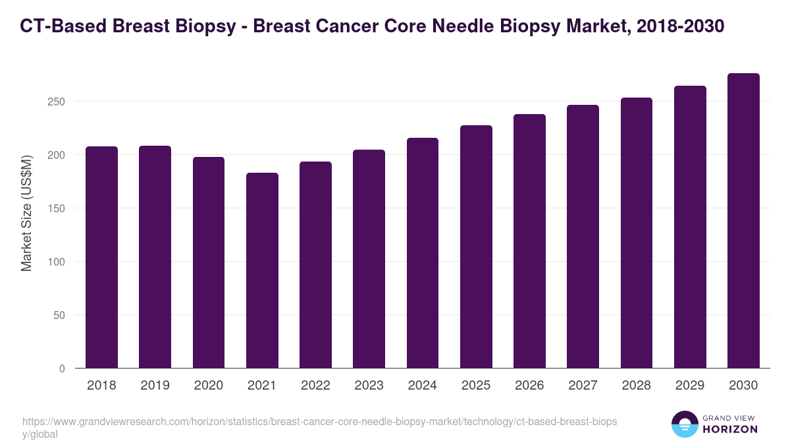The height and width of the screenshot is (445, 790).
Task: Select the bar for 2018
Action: point(101,257)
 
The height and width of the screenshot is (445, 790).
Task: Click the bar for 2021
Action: point(262,270)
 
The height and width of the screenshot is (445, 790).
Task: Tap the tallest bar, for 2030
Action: point(743,221)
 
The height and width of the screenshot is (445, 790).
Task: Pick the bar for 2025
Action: point(476,247)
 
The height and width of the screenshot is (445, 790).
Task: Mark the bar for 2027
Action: point(583,237)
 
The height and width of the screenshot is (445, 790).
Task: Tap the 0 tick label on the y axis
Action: point(62,369)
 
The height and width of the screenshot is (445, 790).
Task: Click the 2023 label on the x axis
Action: point(369,386)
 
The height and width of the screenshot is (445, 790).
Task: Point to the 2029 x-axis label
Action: point(690,386)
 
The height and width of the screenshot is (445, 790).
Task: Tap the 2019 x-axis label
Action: point(155,386)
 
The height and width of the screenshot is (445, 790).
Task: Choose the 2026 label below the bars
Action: point(529,386)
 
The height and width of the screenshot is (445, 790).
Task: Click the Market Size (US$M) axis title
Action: point(26,213)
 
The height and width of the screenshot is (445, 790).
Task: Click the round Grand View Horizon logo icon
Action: point(684,424)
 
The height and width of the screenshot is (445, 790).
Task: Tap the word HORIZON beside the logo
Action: point(730,429)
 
